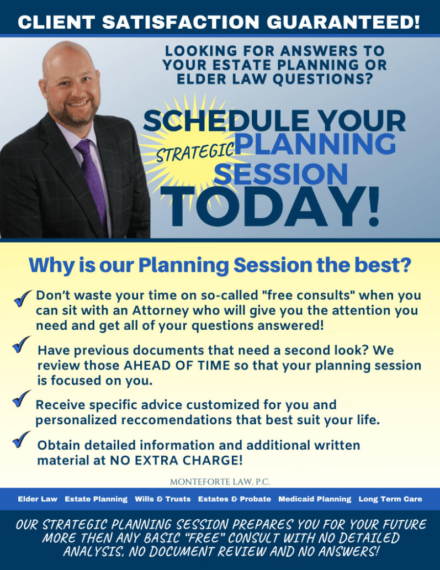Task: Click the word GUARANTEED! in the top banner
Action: [343, 22]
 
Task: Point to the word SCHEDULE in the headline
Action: [226, 121]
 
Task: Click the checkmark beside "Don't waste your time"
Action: [23, 298]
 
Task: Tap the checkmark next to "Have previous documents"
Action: [21, 344]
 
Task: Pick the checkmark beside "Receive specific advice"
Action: [21, 399]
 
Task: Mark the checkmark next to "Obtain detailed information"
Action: [21, 440]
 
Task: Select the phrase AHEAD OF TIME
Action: [177, 365]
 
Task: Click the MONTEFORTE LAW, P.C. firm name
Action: [220, 482]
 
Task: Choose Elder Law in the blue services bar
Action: [38, 499]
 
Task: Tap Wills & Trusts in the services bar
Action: [163, 499]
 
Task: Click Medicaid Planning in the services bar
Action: [315, 499]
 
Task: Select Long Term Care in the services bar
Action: [390, 499]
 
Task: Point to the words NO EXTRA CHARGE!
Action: [176, 460]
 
